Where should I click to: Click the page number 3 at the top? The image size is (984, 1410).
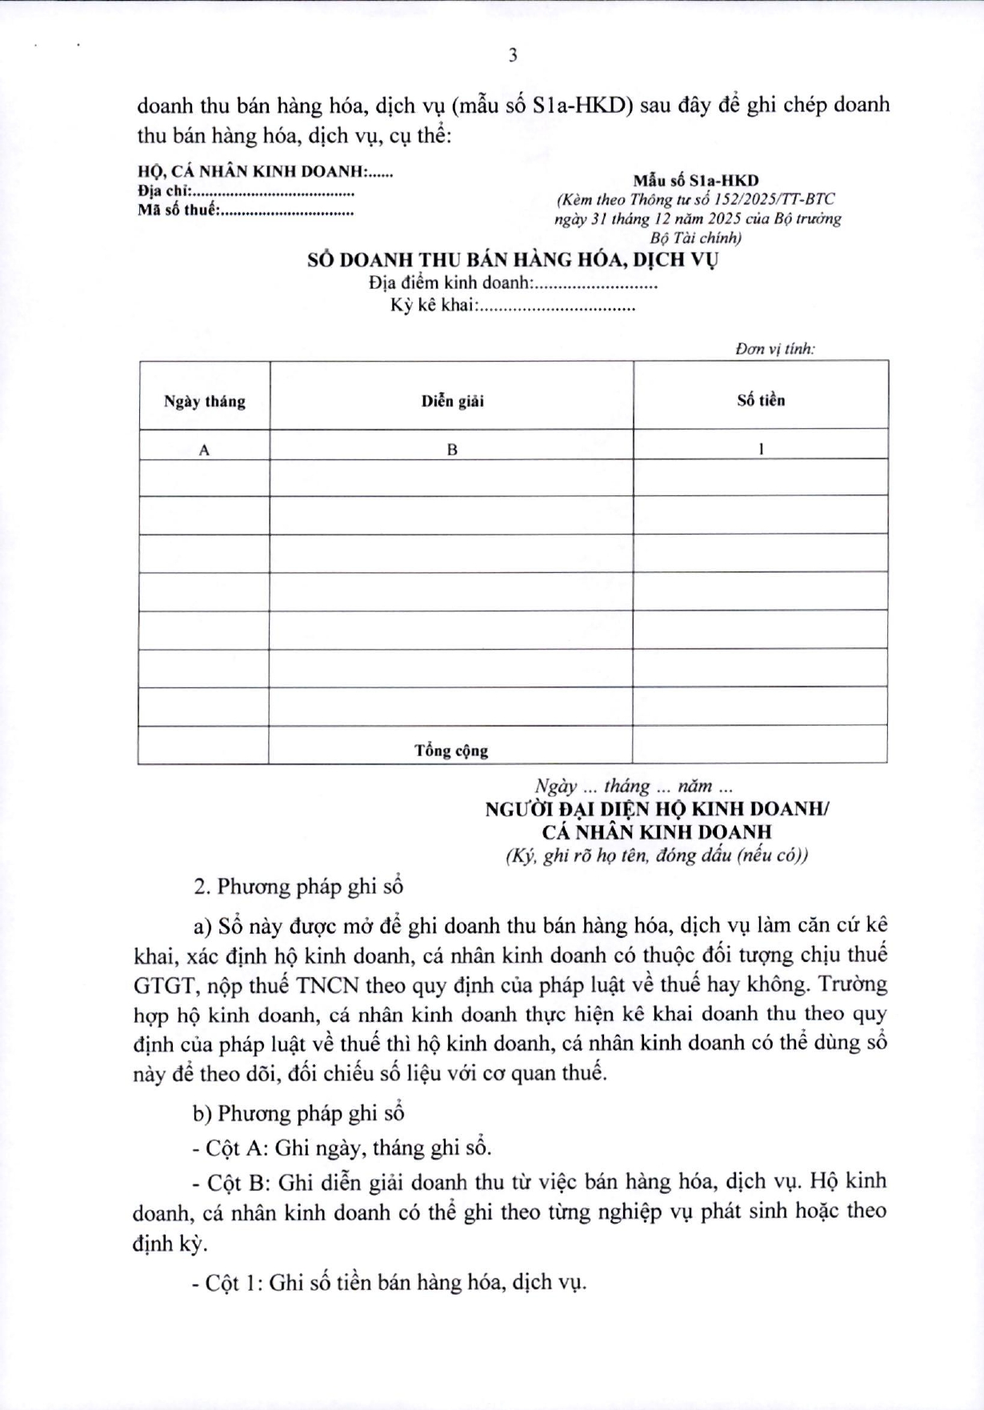coord(513,55)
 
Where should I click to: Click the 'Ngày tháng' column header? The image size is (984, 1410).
coord(204,401)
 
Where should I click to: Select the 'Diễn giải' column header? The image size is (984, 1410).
coord(452,401)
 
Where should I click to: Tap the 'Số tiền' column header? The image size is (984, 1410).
coord(761,400)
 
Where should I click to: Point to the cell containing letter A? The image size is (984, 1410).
coord(204,450)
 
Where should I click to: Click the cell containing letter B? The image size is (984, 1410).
coord(452,450)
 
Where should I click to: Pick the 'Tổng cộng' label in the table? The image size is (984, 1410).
coord(451,751)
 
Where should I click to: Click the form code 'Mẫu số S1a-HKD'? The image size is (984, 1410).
coord(696,181)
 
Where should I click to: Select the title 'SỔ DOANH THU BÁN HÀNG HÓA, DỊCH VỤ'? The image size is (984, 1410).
coord(513,260)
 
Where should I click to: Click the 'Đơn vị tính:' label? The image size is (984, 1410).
coord(774,349)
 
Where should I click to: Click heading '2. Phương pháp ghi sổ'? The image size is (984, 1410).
coord(298,886)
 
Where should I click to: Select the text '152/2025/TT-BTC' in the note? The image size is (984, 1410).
coord(774,200)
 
